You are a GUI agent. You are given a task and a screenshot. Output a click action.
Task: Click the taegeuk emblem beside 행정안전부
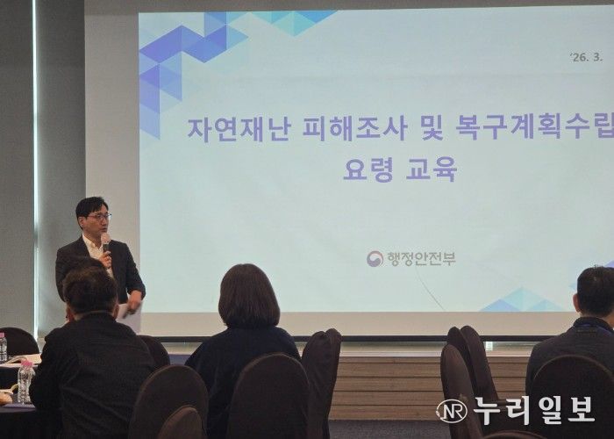coord(375,258)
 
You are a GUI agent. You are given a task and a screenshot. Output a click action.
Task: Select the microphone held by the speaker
coord(105,241)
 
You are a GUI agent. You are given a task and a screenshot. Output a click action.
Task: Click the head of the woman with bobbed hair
coord(248,295)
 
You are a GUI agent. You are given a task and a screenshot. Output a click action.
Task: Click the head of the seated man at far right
coord(596,291)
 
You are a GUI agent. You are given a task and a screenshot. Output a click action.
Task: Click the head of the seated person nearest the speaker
coord(89,287)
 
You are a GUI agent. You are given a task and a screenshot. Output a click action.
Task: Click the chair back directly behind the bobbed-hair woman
coord(268,395)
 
